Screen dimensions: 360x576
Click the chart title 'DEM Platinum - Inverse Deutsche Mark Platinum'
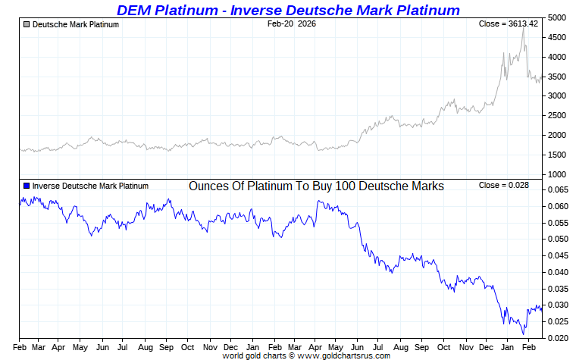(x=288, y=10)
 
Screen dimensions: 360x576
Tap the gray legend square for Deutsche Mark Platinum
(x=27, y=25)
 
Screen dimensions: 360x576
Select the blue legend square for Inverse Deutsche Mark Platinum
(x=27, y=186)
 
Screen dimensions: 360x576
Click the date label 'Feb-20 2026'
(x=293, y=24)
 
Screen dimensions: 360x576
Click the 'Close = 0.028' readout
(x=503, y=185)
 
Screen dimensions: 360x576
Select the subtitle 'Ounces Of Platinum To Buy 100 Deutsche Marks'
(x=316, y=186)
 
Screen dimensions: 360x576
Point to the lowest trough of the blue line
(x=523, y=333)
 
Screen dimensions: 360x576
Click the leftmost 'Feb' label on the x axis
(x=20, y=347)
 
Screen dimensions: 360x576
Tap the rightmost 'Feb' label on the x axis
(x=528, y=347)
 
